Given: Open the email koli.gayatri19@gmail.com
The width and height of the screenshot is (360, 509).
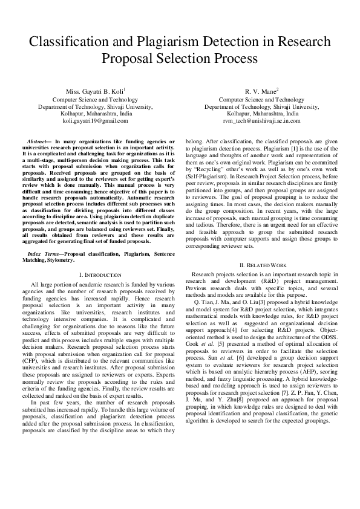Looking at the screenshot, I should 91,121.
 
